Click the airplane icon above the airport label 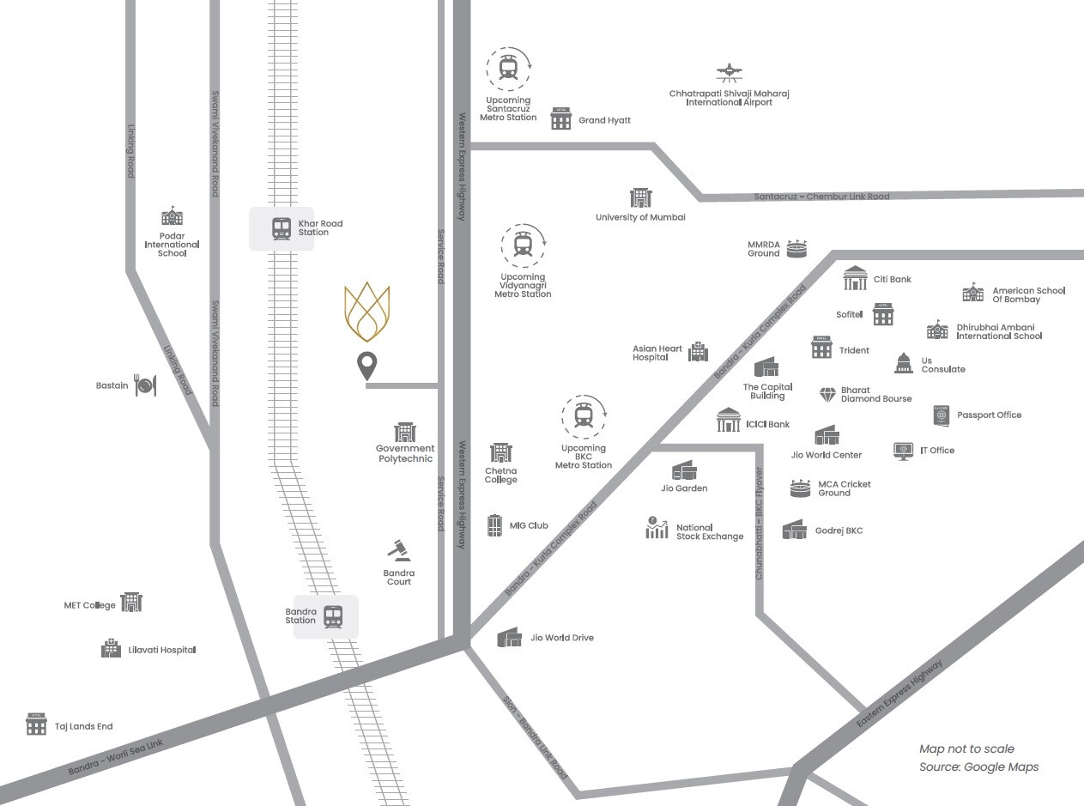click(728, 73)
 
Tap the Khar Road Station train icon click(282, 228)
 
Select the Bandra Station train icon click(333, 616)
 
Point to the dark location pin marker click(367, 366)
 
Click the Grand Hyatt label click(604, 121)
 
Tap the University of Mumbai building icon click(640, 197)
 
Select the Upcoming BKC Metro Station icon click(584, 416)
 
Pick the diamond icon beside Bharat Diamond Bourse click(827, 395)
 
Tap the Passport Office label click(989, 415)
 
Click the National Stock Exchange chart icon click(657, 528)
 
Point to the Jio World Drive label click(562, 638)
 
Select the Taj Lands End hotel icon click(36, 725)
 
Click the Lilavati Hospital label click(162, 650)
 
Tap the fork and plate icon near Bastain click(146, 386)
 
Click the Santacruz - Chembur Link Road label click(821, 197)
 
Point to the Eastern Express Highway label click(899, 694)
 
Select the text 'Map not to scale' click(966, 749)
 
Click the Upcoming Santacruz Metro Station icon click(508, 69)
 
